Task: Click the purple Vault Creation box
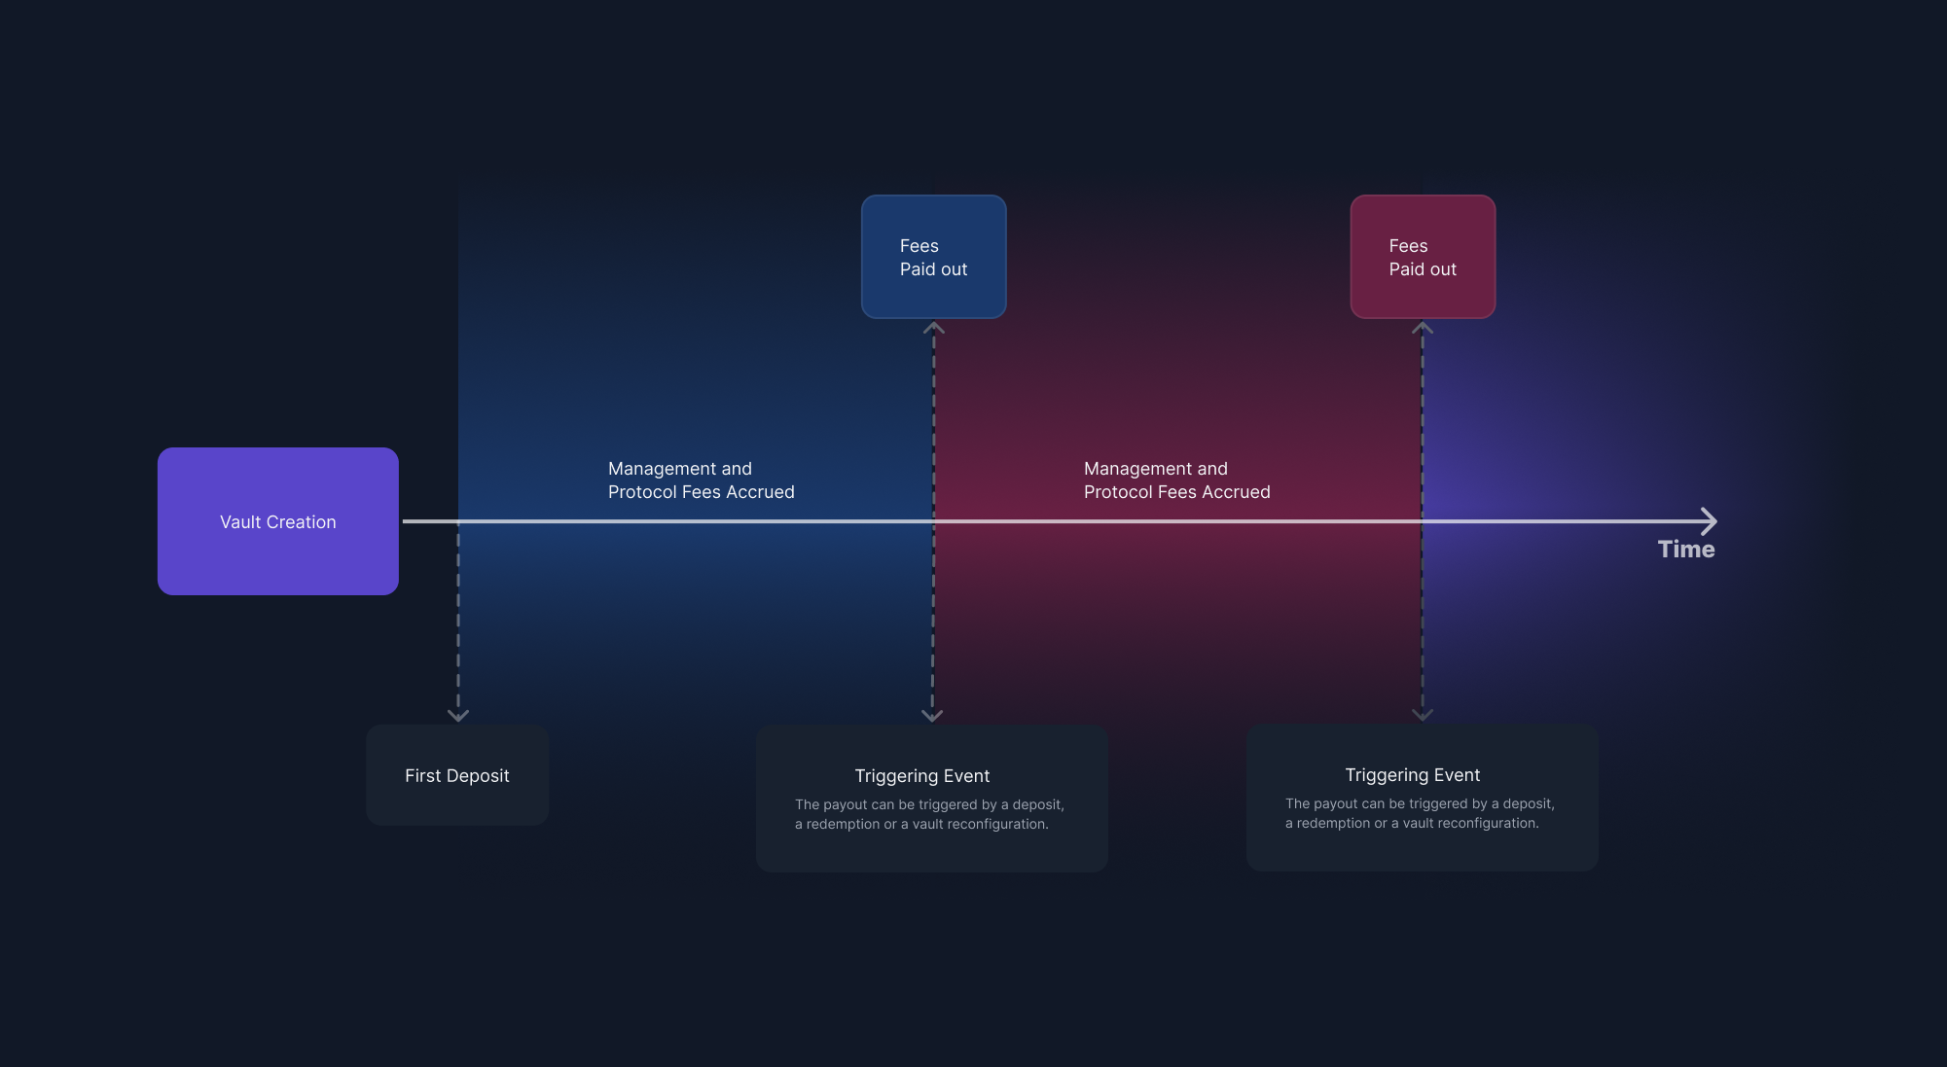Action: coord(278,521)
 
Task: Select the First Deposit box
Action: coord(457,775)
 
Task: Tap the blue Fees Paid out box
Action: coord(934,257)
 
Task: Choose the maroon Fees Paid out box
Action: coord(1423,257)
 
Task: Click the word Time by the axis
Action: coord(1686,550)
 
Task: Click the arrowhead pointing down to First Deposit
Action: coord(458,716)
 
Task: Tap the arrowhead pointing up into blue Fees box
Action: coord(934,327)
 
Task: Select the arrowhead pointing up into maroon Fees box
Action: coord(1423,327)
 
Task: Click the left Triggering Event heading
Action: coord(922,776)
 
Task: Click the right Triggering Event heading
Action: coord(1413,775)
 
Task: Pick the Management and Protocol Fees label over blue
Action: coord(702,480)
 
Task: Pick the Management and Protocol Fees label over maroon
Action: coord(1177,480)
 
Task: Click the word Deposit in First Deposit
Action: coord(478,776)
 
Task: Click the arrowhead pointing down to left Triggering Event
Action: coord(932,716)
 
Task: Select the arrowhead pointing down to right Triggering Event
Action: coord(1423,715)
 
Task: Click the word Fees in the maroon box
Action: coord(1408,246)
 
